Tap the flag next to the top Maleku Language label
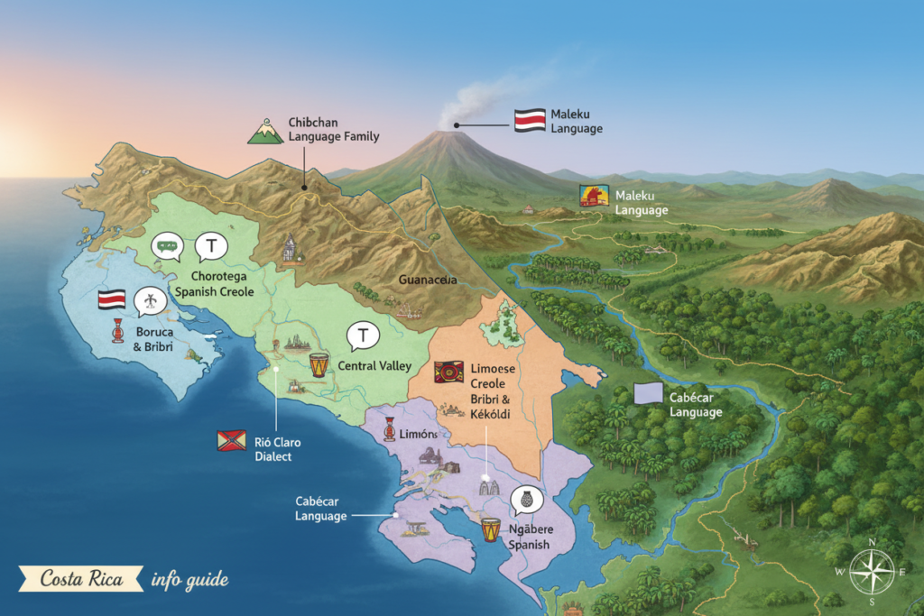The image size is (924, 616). [529, 121]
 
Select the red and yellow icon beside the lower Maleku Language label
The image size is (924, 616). [594, 196]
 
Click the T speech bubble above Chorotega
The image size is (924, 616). [211, 245]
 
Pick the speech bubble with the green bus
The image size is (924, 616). [167, 245]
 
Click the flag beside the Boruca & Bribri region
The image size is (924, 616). [112, 299]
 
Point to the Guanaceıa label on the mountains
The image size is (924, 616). [428, 280]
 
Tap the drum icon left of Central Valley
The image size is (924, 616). [319, 364]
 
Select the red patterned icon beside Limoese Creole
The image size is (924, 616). [448, 372]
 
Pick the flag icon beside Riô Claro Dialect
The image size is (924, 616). [231, 440]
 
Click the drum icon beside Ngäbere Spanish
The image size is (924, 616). [490, 529]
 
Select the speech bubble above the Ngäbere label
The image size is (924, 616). [526, 499]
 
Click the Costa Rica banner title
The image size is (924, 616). [80, 578]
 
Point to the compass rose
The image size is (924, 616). [871, 571]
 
